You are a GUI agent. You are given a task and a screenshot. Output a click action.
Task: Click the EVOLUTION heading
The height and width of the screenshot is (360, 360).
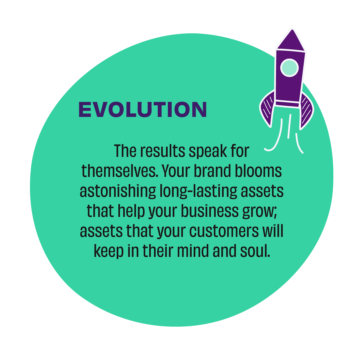coord(143,110)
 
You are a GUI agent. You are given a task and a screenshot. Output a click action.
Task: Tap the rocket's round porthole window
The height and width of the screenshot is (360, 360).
coord(289,68)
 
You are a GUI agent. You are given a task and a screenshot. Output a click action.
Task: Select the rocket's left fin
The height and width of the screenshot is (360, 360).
coord(267,108)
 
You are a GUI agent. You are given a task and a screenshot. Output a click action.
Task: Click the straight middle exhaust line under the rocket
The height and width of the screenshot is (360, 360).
coord(289,126)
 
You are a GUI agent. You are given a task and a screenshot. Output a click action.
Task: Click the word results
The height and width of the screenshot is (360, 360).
coord(163,151)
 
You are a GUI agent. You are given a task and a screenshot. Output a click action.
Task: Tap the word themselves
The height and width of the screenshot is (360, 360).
coord(120,171)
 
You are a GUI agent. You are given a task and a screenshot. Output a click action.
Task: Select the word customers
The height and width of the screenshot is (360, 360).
coord(224,231)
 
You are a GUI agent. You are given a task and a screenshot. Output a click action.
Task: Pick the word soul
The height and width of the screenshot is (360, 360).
coord(255,251)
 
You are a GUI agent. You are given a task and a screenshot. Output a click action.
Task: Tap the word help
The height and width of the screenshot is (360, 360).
coord(131,212)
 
